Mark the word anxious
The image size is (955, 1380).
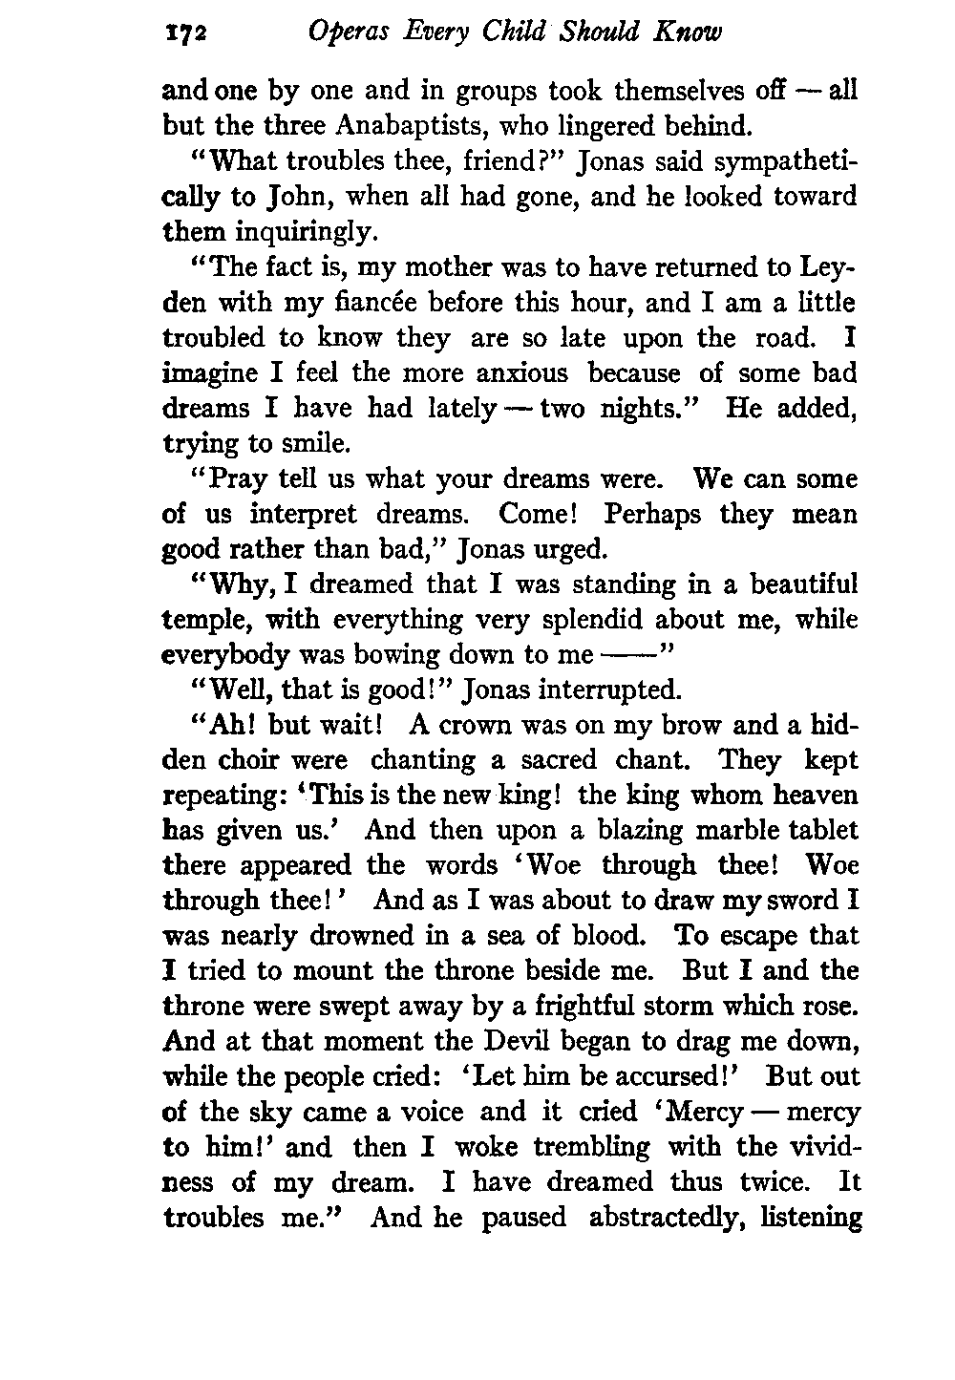513,373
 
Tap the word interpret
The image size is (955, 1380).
306,515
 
